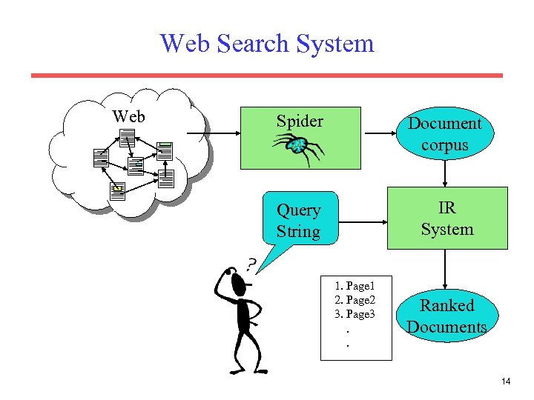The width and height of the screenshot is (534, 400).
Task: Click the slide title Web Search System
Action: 267,43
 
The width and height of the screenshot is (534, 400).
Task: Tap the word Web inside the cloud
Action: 128,116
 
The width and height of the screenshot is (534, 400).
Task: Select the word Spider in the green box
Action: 300,121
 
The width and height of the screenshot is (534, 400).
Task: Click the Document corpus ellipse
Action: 445,134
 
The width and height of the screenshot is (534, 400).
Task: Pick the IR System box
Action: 446,219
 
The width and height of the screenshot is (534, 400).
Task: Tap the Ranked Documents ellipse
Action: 446,316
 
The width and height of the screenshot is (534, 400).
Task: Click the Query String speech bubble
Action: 299,220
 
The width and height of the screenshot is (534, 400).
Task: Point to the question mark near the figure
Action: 252,264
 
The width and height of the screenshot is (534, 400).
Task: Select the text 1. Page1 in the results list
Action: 355,285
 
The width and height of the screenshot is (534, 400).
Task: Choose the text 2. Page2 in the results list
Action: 355,299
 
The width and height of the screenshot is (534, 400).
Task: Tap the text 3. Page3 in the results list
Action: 355,314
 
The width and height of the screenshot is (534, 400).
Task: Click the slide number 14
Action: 506,381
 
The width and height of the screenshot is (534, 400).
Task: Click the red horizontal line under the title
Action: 267,75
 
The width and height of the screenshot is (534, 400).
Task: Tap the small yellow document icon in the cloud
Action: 116,190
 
